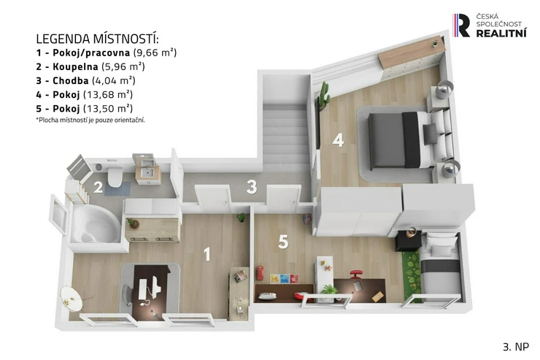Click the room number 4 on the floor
(338, 140)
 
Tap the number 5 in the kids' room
(283, 242)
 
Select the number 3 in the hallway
(252, 187)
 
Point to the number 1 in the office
(207, 254)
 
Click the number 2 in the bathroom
(99, 188)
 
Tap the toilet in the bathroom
(115, 176)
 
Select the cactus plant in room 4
(324, 96)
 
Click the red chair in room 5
(356, 275)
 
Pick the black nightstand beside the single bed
(409, 240)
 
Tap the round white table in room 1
(71, 298)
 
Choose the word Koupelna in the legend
(75, 66)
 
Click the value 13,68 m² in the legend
(108, 94)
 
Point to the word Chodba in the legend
(70, 80)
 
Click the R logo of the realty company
(462, 25)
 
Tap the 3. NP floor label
(515, 347)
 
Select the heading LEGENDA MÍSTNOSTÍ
(98, 39)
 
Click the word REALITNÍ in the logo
(501, 33)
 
